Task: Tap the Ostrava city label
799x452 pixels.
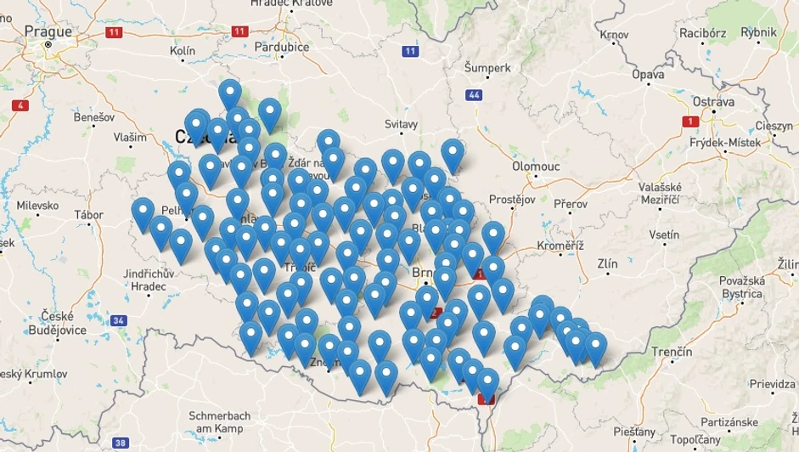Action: point(712,102)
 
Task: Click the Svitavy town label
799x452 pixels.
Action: point(402,124)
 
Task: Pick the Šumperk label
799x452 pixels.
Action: point(487,67)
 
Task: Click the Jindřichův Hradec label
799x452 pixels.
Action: point(148,280)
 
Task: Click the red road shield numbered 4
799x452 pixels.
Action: point(20,105)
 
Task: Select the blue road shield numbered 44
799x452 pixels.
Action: point(474,94)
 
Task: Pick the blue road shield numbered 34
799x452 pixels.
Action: point(118,320)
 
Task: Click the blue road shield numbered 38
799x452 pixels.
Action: point(121,442)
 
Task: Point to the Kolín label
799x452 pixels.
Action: point(183,51)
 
